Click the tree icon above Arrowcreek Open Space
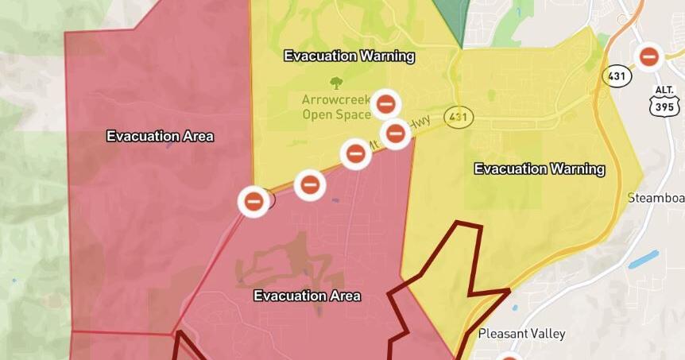[335, 82]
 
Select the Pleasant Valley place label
[521, 334]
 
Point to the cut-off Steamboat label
[656, 197]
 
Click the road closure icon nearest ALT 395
[649, 56]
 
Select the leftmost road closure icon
[253, 200]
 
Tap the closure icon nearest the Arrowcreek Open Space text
[386, 104]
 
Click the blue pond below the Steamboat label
[644, 260]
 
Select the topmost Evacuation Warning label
[349, 56]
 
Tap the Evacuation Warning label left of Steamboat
[540, 169]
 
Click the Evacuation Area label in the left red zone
[160, 136]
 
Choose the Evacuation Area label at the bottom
[307, 296]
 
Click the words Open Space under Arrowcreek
[336, 114]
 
